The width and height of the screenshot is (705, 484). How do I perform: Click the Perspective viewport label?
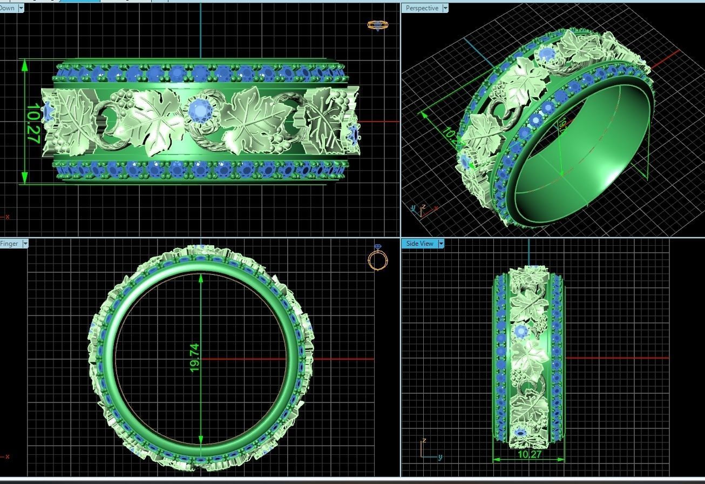pos(422,8)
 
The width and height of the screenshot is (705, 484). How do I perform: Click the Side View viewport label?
pos(419,244)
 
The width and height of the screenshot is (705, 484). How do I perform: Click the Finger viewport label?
pos(9,244)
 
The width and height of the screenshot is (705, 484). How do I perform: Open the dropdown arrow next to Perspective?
pos(445,8)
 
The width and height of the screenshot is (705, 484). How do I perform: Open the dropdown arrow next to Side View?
pos(440,244)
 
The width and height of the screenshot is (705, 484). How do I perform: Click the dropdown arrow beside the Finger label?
pos(25,244)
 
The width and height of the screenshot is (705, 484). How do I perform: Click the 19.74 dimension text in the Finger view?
pos(194,358)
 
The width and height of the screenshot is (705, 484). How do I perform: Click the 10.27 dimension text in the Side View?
pos(529,454)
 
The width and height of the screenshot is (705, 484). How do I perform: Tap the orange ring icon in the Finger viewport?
pos(377,258)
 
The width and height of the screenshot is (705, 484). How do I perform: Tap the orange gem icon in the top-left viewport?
pos(377,25)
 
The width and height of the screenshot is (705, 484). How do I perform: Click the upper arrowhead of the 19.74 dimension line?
pos(201,278)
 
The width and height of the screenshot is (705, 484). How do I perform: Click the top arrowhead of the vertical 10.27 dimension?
pos(24,65)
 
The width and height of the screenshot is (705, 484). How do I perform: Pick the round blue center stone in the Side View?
pos(521,331)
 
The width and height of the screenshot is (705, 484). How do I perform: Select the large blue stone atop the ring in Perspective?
pos(547,54)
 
